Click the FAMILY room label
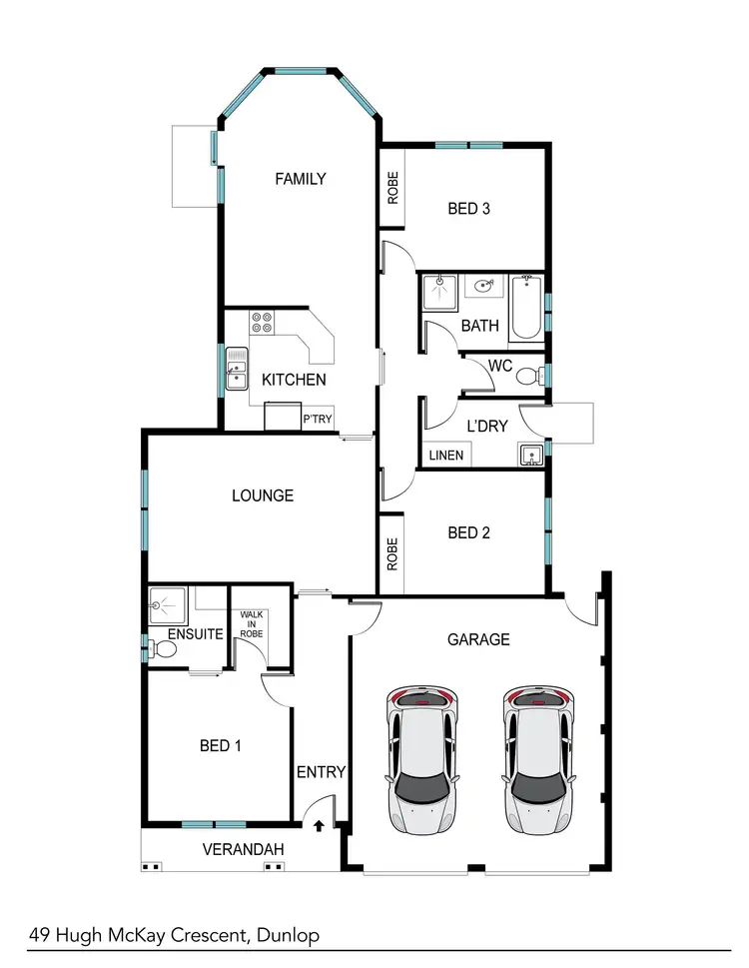point(301,180)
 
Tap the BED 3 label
point(468,209)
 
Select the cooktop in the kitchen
point(263,322)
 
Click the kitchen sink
point(237,368)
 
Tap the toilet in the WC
point(540,375)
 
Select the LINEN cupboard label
point(445,456)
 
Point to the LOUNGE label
point(263,495)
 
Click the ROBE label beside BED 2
point(392,555)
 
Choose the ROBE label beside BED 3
point(393,188)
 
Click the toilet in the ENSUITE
point(164,650)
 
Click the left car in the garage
point(422,758)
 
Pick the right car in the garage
point(538,758)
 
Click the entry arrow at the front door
point(319,825)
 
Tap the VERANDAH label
point(244,850)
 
